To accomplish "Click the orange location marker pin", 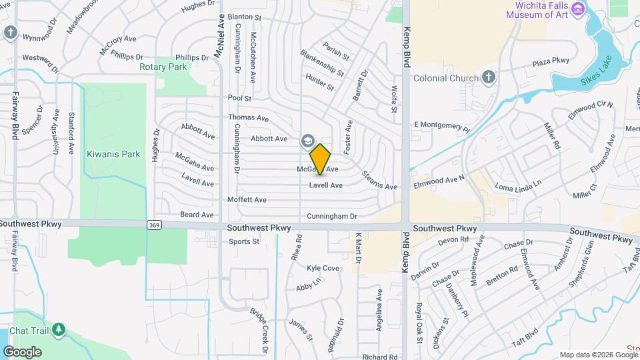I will click(321, 159).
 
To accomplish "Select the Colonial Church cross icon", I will click(489, 77).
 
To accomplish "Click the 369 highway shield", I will click(153, 225).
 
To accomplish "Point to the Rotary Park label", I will click(163, 67).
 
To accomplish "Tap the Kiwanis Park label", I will click(113, 154).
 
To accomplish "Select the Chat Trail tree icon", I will click(59, 329).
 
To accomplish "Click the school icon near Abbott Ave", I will click(307, 141).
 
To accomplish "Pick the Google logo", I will click(22, 351).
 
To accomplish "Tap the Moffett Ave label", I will click(247, 199).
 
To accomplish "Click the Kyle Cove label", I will click(323, 268).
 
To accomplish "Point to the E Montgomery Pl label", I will click(441, 124).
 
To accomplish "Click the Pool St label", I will click(239, 98).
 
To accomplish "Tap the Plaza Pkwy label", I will click(551, 61).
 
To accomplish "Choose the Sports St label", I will click(243, 241).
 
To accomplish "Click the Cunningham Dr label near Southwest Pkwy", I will click(332, 216).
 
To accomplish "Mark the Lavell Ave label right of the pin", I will click(325, 185).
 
